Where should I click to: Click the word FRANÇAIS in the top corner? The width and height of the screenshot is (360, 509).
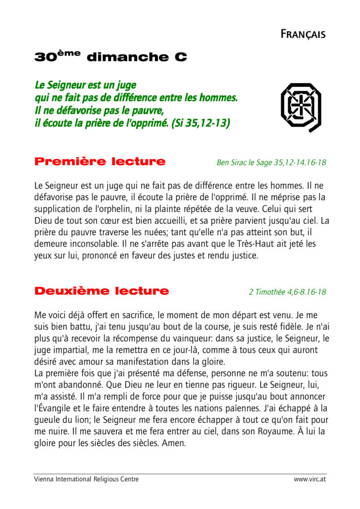point(303,34)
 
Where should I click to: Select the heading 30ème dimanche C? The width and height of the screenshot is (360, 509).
point(110,57)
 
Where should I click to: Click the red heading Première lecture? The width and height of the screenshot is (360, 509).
point(100,162)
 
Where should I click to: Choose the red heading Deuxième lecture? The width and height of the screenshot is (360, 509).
point(101,291)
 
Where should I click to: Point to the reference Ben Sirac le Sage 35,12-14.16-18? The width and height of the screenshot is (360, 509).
point(271,163)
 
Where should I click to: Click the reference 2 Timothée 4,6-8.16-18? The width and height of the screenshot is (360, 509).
point(287,292)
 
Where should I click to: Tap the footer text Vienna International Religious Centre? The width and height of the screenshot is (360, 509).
point(86,479)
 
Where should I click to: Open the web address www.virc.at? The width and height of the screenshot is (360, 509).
point(310,479)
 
